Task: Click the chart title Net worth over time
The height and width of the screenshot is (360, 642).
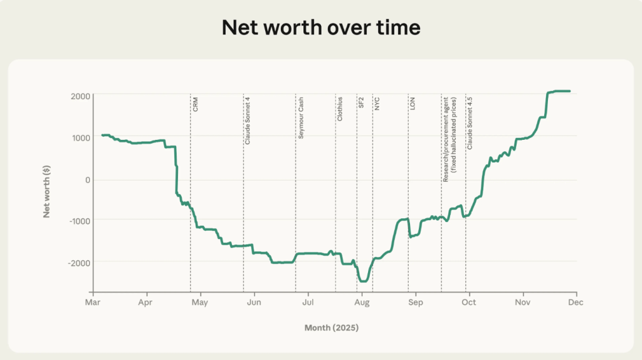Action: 320,28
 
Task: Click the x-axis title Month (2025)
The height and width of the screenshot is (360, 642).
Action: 332,327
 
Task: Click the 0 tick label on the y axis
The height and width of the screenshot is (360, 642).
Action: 87,179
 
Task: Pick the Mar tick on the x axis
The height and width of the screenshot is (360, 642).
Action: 93,302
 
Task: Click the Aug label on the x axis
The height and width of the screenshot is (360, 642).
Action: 362,302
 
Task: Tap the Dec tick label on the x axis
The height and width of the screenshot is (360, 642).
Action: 576,302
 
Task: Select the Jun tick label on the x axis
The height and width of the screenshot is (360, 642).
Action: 254,302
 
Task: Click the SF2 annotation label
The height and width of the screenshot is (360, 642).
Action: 361,103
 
